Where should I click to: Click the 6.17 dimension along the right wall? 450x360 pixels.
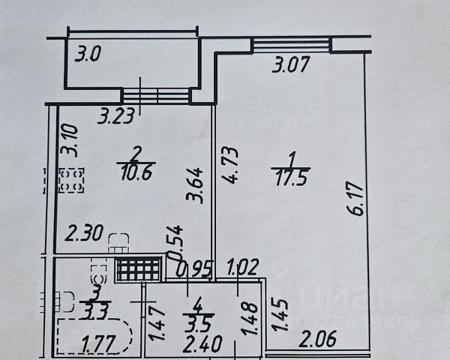click(357, 196)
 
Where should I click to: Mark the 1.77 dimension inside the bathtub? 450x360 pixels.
click(95, 346)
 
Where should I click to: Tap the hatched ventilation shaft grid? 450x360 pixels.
click(138, 270)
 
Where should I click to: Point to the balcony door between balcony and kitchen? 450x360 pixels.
click(157, 96)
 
